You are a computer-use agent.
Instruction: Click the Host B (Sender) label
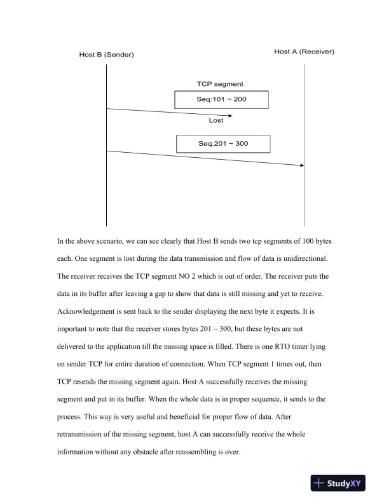click(106, 55)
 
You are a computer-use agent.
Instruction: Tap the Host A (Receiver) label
click(304, 52)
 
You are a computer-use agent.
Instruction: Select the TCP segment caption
click(220, 84)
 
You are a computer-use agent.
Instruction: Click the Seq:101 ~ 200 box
click(222, 100)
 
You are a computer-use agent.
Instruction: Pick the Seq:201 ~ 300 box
click(223, 144)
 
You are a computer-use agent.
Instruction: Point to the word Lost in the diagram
click(216, 120)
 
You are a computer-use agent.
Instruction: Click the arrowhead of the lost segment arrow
click(230, 116)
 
